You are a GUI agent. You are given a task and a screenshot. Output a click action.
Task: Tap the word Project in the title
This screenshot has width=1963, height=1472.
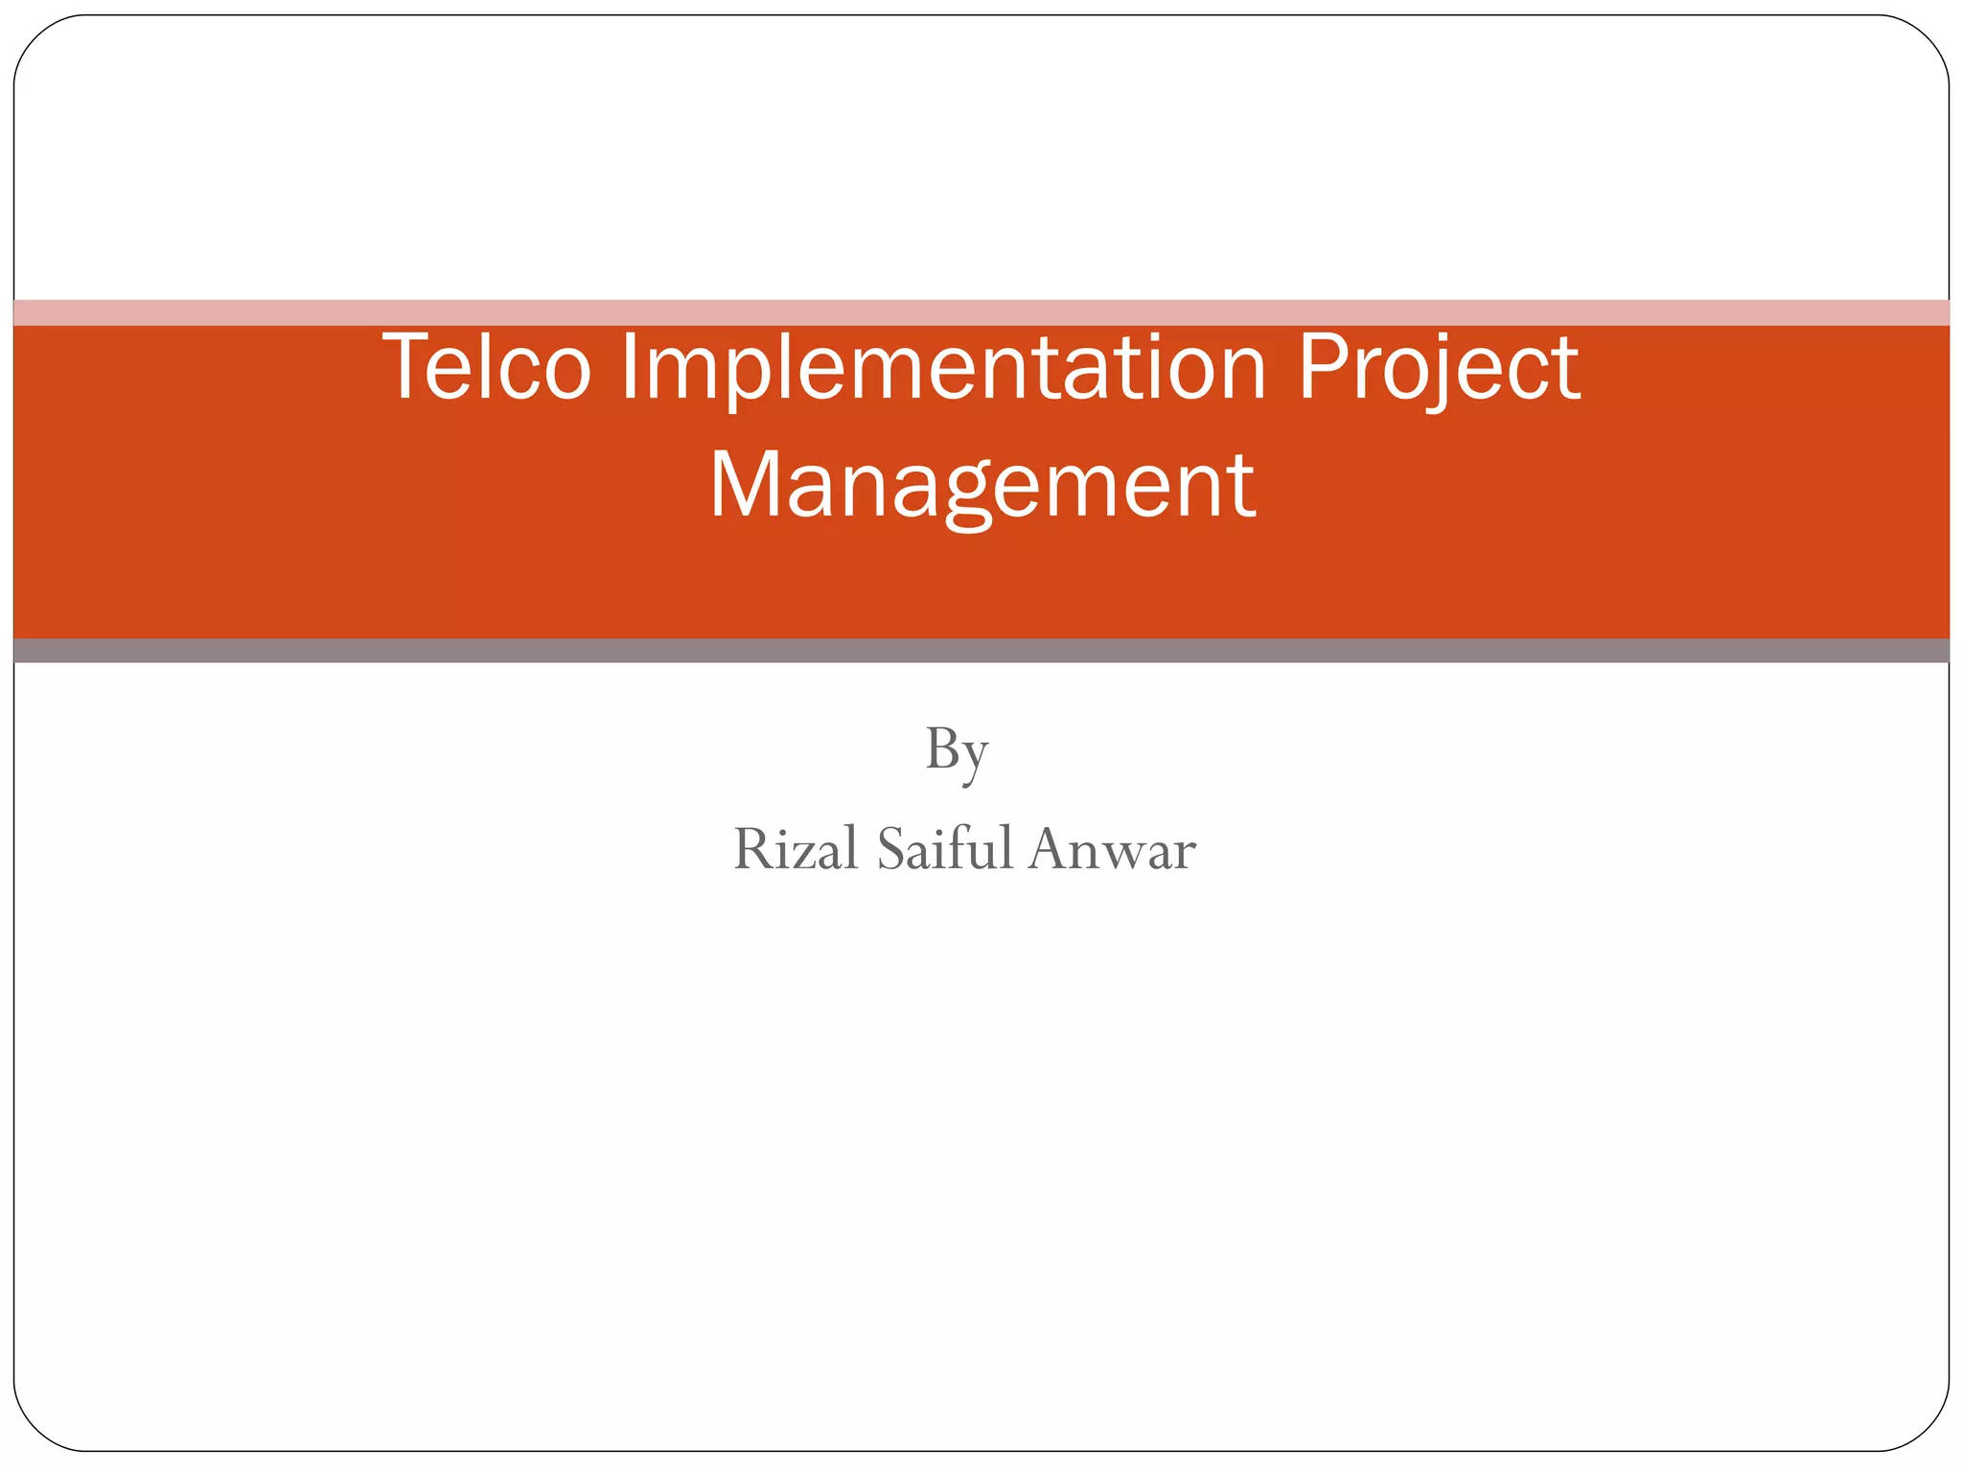tap(1438, 368)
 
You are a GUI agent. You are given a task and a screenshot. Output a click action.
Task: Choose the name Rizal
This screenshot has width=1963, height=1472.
tap(796, 849)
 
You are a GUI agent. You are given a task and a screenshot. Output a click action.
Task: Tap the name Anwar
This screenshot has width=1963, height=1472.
tap(1112, 849)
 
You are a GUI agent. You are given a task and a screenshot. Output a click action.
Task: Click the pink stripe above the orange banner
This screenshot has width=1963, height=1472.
tap(981, 312)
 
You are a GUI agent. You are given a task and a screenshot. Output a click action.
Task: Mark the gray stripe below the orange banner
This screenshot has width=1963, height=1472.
tap(981, 651)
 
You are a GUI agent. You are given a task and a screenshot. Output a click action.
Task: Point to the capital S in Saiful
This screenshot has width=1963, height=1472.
tap(890, 849)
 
